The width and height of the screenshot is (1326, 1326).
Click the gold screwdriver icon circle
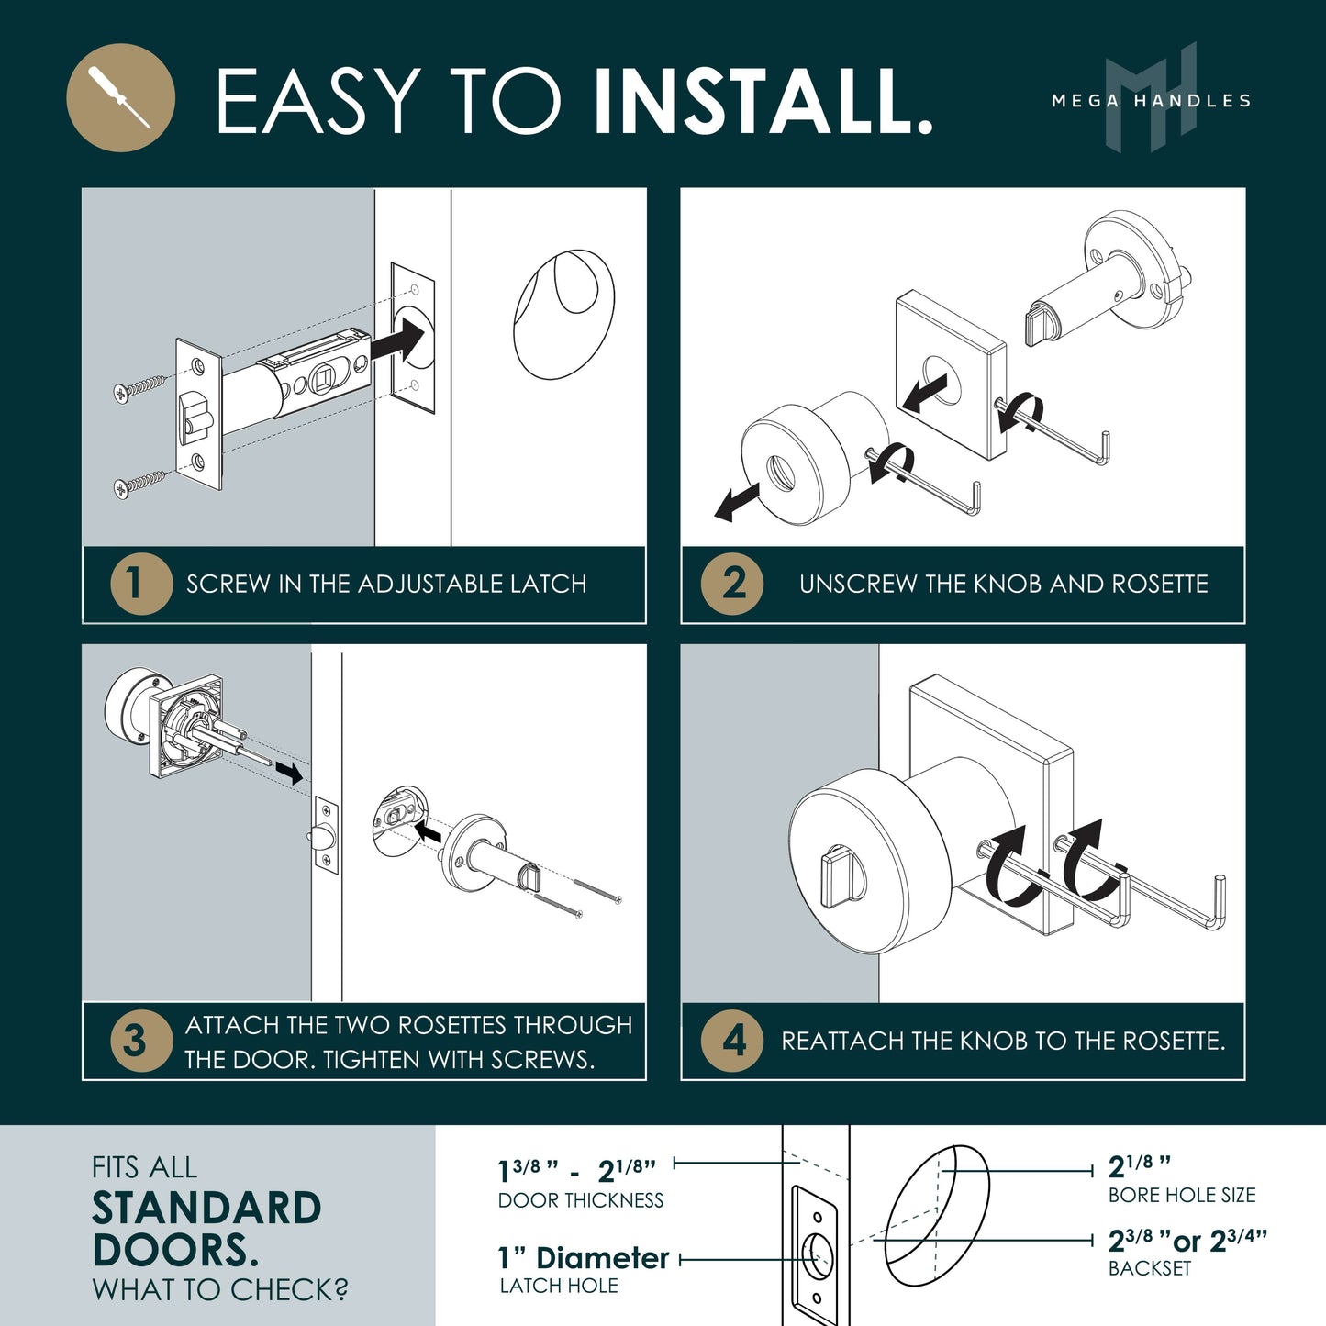(x=120, y=97)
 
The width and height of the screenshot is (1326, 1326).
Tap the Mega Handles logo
(x=1151, y=98)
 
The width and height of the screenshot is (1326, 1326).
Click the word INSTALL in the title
(x=763, y=101)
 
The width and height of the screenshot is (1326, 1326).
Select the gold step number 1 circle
(x=141, y=584)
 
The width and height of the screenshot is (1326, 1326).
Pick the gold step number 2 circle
(x=732, y=584)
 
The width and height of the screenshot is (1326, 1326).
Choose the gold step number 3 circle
(x=141, y=1042)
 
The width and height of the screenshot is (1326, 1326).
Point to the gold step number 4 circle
(x=732, y=1042)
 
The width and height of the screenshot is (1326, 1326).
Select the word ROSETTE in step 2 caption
(x=1160, y=585)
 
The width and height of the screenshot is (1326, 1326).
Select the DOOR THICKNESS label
(x=581, y=1201)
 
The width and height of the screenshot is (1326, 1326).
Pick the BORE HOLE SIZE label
(x=1182, y=1196)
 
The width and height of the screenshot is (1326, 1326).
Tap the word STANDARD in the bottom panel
(x=206, y=1209)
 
